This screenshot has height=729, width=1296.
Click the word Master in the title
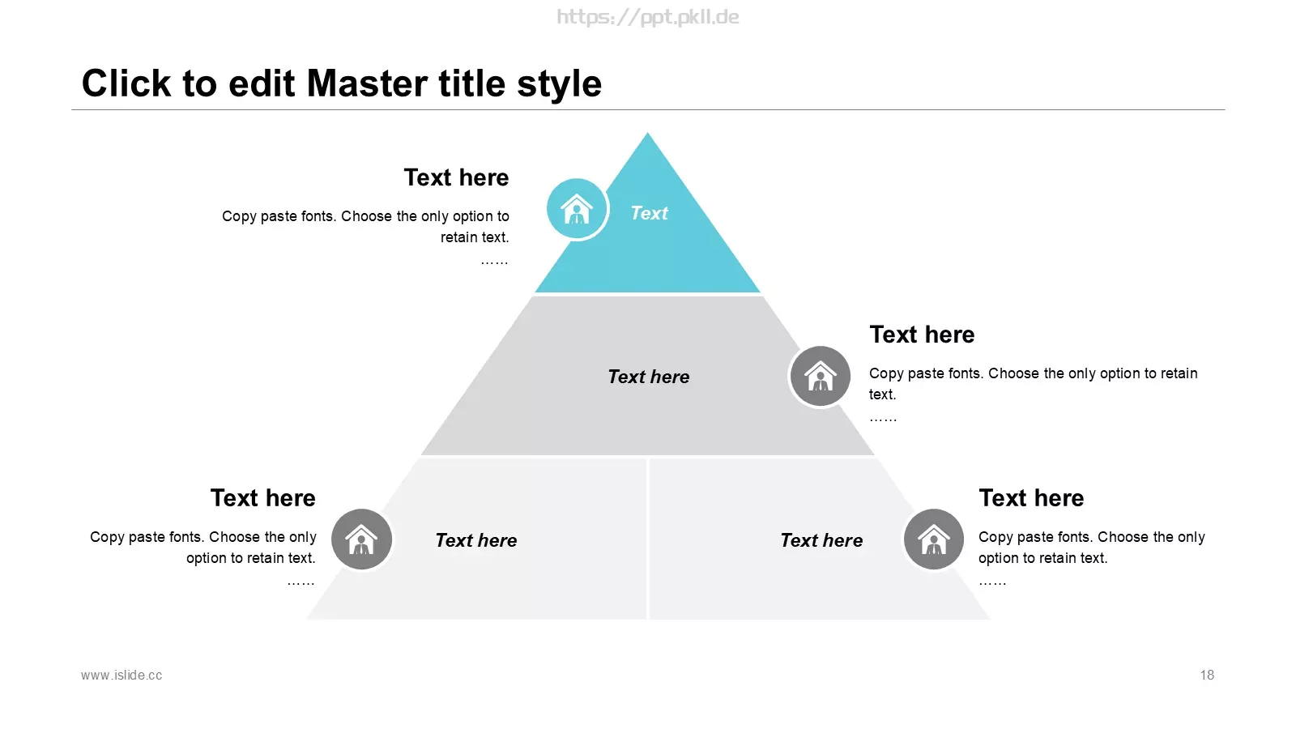pyautogui.click(x=368, y=83)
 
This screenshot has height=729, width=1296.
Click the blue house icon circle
pyautogui.click(x=576, y=209)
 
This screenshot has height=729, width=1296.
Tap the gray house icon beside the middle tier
pyautogui.click(x=820, y=376)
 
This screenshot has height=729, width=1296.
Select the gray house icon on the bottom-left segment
pyautogui.click(x=361, y=539)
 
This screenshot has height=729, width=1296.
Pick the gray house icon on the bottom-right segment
pyautogui.click(x=933, y=539)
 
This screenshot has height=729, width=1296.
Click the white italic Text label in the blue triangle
pyautogui.click(x=649, y=213)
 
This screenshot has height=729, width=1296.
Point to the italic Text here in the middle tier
pyautogui.click(x=649, y=377)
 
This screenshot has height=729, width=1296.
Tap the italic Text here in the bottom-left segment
pyautogui.click(x=476, y=540)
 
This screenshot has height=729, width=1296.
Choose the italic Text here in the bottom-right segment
pyautogui.click(x=821, y=540)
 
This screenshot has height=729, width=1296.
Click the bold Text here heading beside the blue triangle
pyautogui.click(x=457, y=177)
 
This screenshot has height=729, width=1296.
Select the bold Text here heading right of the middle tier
pyautogui.click(x=923, y=335)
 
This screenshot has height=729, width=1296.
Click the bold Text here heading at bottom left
pyautogui.click(x=263, y=497)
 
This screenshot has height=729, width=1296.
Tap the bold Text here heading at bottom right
pyautogui.click(x=1031, y=497)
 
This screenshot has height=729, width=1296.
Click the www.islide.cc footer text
pyautogui.click(x=122, y=676)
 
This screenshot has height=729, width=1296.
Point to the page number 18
pyautogui.click(x=1207, y=676)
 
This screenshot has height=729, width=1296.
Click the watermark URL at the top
pyautogui.click(x=648, y=17)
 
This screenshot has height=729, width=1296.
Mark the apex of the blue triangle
pyautogui.click(x=647, y=133)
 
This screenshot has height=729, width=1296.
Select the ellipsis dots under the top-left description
pyautogui.click(x=494, y=263)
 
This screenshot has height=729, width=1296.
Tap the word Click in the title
pyautogui.click(x=126, y=83)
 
